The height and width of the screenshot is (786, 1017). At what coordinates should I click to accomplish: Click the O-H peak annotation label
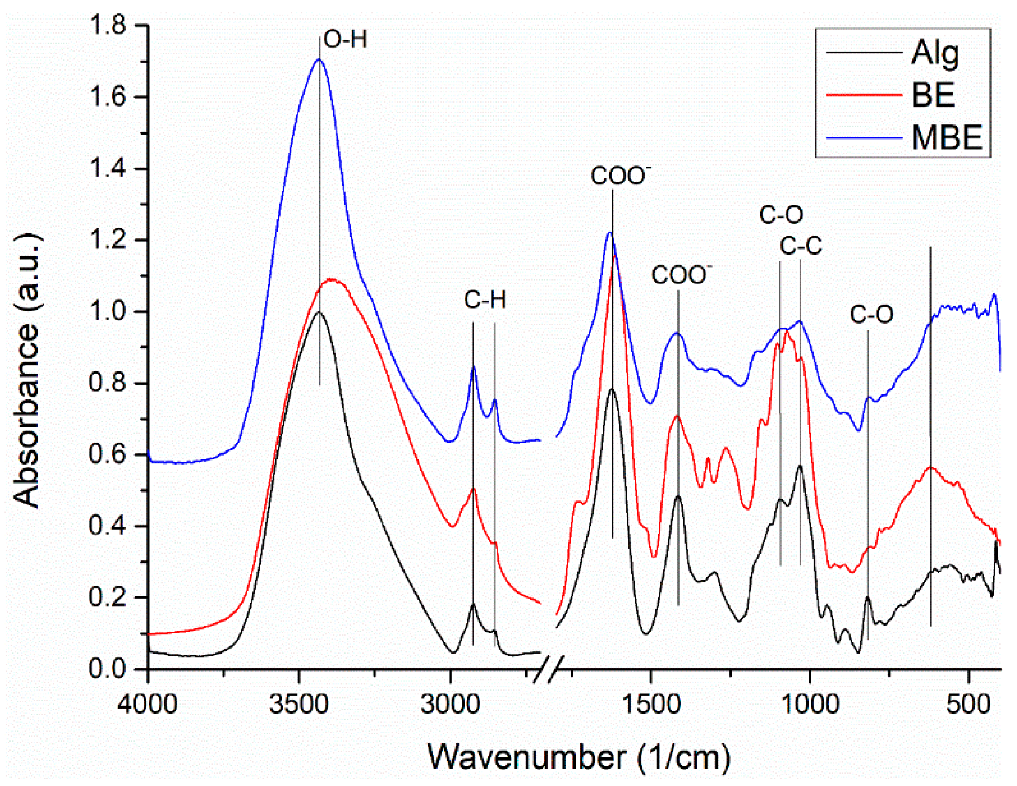pyautogui.click(x=345, y=40)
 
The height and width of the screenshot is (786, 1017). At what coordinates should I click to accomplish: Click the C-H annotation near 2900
pyautogui.click(x=485, y=300)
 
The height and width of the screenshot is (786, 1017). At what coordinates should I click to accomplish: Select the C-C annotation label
pyautogui.click(x=801, y=246)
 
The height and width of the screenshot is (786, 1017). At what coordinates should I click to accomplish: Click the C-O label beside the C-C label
pyautogui.click(x=781, y=215)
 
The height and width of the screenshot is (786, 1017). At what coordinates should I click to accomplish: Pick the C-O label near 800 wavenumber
pyautogui.click(x=872, y=314)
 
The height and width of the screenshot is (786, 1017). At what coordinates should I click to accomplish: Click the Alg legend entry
pyautogui.click(x=934, y=53)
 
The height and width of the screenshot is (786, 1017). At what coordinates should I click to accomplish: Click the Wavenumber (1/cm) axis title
pyautogui.click(x=579, y=757)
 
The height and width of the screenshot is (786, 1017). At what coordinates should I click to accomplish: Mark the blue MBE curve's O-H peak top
pyautogui.click(x=319, y=59)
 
